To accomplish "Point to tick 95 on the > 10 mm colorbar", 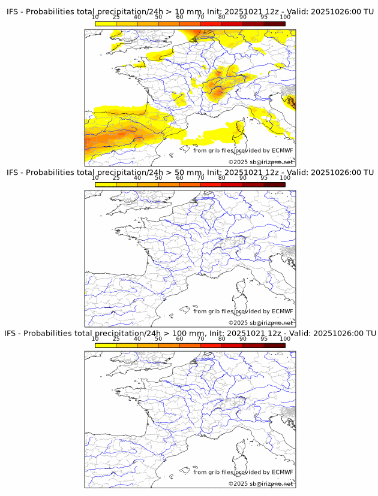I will pos(264,17).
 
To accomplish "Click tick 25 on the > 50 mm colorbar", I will pos(116,178).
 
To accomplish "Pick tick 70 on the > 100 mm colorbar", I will pos(200,338).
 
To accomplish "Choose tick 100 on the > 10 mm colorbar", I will pos(285,17).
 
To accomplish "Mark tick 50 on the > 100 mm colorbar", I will pos(158,338).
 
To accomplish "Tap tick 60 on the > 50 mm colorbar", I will pos(179,178).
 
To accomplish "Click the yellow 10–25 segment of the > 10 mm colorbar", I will pos(106,24).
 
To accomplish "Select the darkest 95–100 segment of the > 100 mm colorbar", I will pos(274,345).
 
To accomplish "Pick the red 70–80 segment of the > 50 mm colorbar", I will pos(211,185).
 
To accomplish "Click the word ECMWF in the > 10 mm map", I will pos(282,150).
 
